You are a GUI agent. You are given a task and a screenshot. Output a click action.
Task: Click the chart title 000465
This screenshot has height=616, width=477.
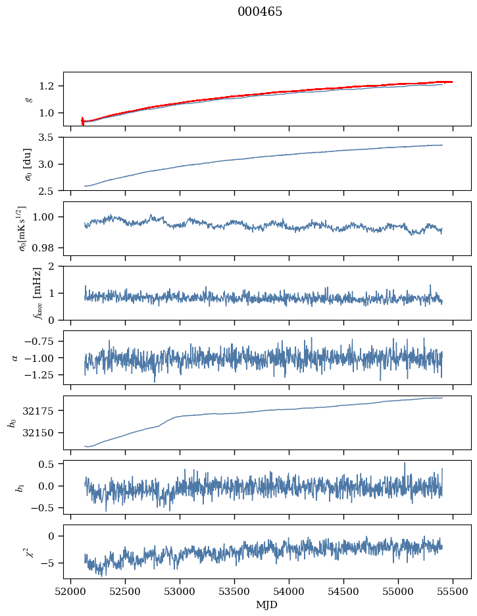(x=260, y=12)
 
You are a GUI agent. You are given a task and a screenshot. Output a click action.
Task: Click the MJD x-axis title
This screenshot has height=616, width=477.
(x=267, y=605)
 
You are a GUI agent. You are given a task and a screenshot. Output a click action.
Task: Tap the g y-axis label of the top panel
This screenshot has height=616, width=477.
(x=28, y=99)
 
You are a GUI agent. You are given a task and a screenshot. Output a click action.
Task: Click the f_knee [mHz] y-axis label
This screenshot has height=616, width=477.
(x=19, y=292)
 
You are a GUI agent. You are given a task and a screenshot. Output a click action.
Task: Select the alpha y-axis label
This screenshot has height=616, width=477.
(x=15, y=357)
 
